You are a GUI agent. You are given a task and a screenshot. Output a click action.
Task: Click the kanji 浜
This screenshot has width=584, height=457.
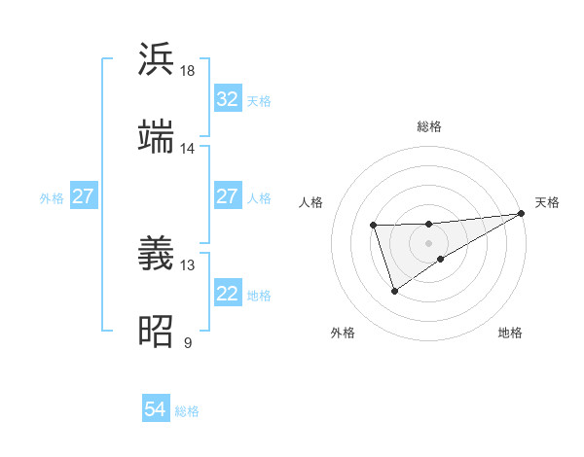pyautogui.click(x=157, y=58)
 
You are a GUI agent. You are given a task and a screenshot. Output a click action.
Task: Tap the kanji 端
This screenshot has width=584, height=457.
pyautogui.click(x=157, y=137)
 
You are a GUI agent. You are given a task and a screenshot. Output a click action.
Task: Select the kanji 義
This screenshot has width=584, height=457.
pyautogui.click(x=157, y=253)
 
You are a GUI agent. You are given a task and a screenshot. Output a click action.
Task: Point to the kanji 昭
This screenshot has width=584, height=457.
pyautogui.click(x=157, y=332)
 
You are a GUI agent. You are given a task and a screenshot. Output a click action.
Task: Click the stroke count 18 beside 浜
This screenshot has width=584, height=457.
pyautogui.click(x=188, y=71)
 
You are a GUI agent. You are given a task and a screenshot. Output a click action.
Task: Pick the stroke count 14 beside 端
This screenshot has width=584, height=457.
pyautogui.click(x=188, y=149)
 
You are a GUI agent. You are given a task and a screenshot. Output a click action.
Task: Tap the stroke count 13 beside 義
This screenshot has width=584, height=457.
pyautogui.click(x=188, y=264)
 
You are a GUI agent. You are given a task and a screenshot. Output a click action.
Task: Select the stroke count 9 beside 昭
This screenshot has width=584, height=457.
pyautogui.click(x=188, y=343)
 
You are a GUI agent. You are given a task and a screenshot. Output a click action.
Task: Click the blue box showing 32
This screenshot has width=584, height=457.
pyautogui.click(x=228, y=99)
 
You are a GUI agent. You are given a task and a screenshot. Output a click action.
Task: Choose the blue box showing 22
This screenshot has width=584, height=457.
pyautogui.click(x=228, y=294)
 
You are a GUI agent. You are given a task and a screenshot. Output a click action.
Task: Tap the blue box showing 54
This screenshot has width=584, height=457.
pyautogui.click(x=156, y=410)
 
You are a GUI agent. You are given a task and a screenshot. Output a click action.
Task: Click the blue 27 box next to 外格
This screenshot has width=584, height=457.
pyautogui.click(x=84, y=196)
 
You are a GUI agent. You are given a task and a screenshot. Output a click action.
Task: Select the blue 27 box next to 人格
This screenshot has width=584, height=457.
pyautogui.click(x=228, y=196)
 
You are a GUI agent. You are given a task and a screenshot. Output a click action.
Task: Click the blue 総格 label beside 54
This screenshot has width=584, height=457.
pyautogui.click(x=187, y=411)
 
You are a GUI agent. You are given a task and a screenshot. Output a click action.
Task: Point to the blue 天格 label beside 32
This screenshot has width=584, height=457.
pyautogui.click(x=259, y=100)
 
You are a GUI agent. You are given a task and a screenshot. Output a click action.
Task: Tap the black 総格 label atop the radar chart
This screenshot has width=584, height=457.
pyautogui.click(x=429, y=126)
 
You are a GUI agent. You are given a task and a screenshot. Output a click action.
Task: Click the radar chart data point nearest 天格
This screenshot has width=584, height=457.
pyautogui.click(x=522, y=213)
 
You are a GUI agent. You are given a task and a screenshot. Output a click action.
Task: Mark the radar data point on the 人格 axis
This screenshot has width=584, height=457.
pyautogui.click(x=374, y=226)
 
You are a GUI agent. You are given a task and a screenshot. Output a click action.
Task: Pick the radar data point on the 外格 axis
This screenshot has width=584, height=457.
pyautogui.click(x=394, y=290)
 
